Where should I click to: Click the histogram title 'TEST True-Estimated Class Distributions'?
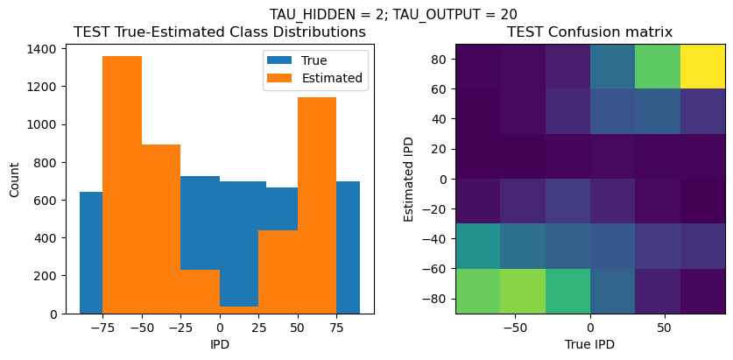click(220, 32)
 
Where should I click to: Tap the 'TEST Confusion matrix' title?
click(590, 32)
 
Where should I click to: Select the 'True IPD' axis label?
click(590, 344)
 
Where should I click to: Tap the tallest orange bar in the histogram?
click(122, 184)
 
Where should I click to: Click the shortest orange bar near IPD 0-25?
click(238, 309)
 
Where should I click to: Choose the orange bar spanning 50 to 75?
click(317, 205)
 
